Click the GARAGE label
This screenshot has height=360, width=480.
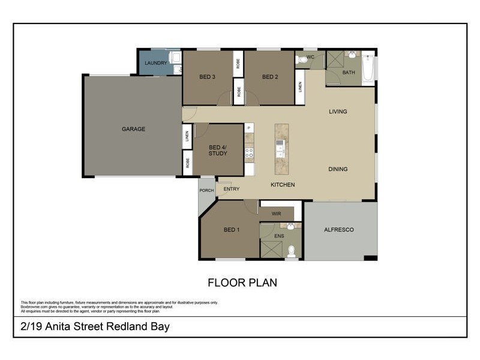coord(133,129)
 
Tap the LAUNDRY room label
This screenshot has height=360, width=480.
coord(155,62)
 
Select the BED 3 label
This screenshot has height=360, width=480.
coord(207,76)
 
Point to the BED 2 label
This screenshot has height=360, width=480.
coord(269,76)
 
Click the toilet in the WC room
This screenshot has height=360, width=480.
coord(302,60)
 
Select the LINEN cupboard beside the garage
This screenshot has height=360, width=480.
coord(187,136)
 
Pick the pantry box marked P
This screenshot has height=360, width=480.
coord(249,128)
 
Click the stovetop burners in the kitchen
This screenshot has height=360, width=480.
coord(249,153)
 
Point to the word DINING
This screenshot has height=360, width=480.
coord(338,169)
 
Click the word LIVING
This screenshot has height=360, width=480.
coord(338,112)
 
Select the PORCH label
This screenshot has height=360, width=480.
coord(206,191)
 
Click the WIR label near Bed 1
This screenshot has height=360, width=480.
coord(276,213)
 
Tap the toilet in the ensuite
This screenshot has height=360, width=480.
coord(292,251)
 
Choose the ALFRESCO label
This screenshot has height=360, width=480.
coord(339,230)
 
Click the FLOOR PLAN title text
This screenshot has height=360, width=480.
coord(242,282)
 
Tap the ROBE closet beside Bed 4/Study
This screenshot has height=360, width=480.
coord(187,163)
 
